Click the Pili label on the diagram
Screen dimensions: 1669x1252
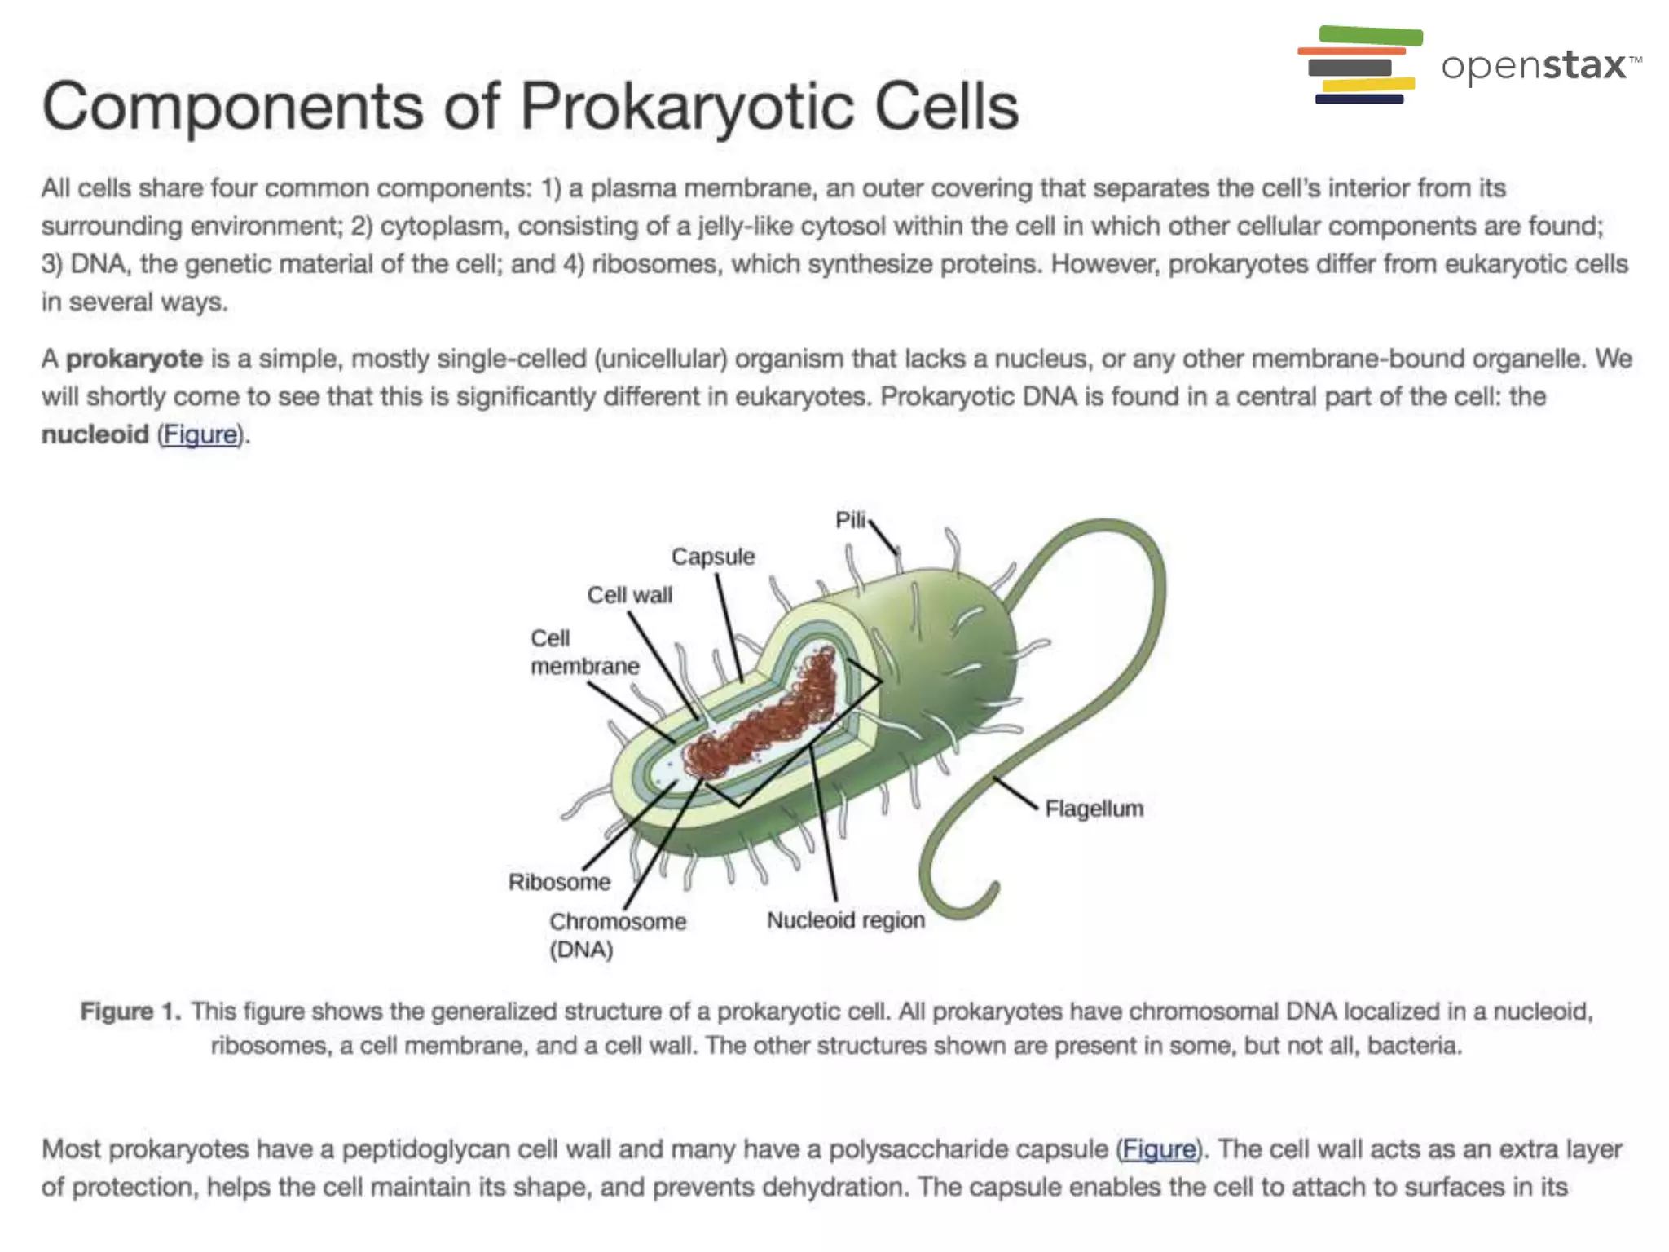850,520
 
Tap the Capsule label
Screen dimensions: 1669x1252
713,557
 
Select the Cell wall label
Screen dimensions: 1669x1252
630,595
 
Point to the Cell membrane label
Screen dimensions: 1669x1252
584,652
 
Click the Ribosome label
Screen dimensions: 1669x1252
559,882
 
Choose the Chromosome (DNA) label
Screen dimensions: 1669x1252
617,935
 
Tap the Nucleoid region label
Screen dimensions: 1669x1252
845,920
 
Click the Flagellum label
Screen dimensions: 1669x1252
1094,809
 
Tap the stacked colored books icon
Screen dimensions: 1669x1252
1359,65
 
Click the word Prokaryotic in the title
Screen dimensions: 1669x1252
680,106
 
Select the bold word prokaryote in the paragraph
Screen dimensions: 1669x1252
134,359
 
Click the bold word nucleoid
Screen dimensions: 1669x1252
95,434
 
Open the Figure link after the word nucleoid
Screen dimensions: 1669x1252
200,434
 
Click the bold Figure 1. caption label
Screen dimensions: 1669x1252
130,1012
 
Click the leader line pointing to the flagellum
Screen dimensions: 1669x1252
1015,794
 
